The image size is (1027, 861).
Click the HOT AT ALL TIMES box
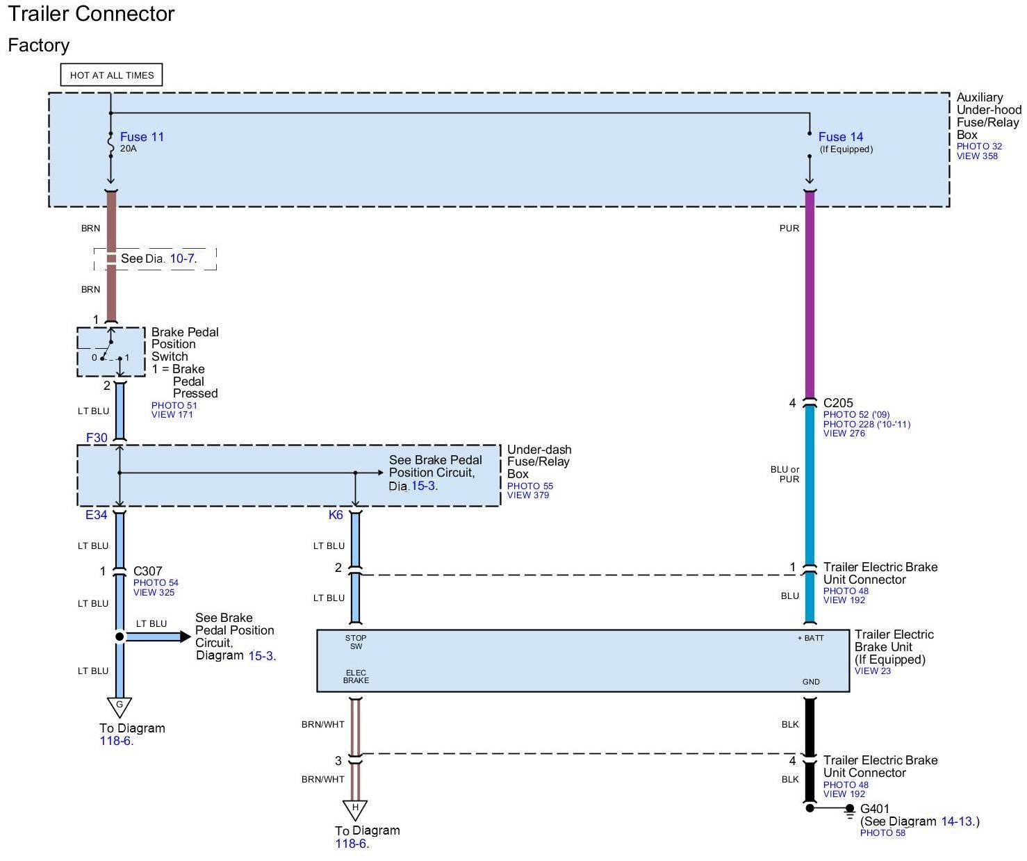click(x=111, y=75)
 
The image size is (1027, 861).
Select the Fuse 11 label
click(x=142, y=137)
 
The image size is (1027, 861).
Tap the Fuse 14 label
click(x=840, y=137)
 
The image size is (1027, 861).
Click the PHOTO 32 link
click(x=979, y=146)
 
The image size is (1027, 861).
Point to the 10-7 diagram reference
click(x=182, y=259)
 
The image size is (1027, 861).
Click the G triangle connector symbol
click(x=119, y=707)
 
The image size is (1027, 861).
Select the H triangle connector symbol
click(x=354, y=810)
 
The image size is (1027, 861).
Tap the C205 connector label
click(x=838, y=403)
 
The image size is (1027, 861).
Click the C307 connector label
click(x=147, y=571)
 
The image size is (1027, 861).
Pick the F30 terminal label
click(x=97, y=438)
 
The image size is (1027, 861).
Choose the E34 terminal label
click(x=96, y=515)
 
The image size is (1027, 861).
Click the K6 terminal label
click(x=336, y=515)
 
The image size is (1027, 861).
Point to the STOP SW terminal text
click(x=356, y=642)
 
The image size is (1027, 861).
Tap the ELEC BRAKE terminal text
click(x=356, y=677)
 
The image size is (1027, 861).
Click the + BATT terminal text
click(x=811, y=638)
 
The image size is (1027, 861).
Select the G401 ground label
click(x=875, y=809)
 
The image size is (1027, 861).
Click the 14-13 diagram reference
click(x=956, y=821)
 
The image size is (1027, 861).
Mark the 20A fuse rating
click(x=129, y=149)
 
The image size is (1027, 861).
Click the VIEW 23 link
click(x=873, y=671)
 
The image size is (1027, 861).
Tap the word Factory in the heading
click(x=38, y=45)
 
